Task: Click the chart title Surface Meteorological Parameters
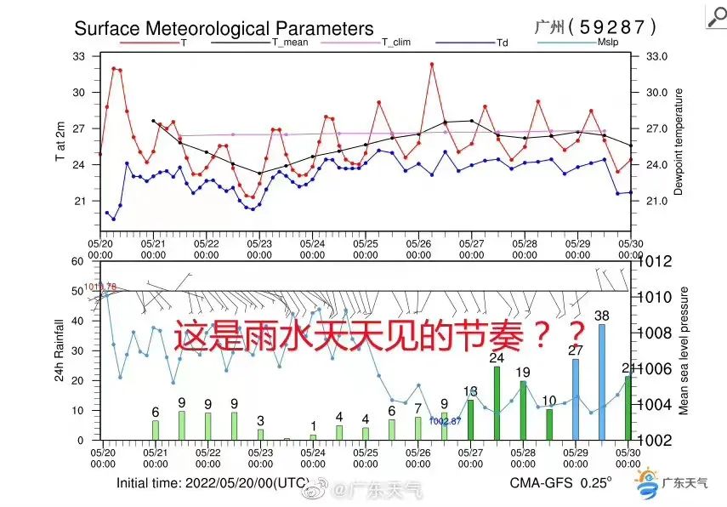pos(224,28)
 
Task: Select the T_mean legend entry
pos(290,41)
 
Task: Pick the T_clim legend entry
pos(395,41)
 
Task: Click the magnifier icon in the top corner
pos(716,18)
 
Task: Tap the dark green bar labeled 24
pos(497,402)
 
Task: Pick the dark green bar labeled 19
pos(524,410)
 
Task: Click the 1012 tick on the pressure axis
pos(656,262)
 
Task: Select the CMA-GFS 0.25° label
pos(560,482)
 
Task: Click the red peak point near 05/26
pos(432,64)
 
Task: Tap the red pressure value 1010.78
pos(99,287)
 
